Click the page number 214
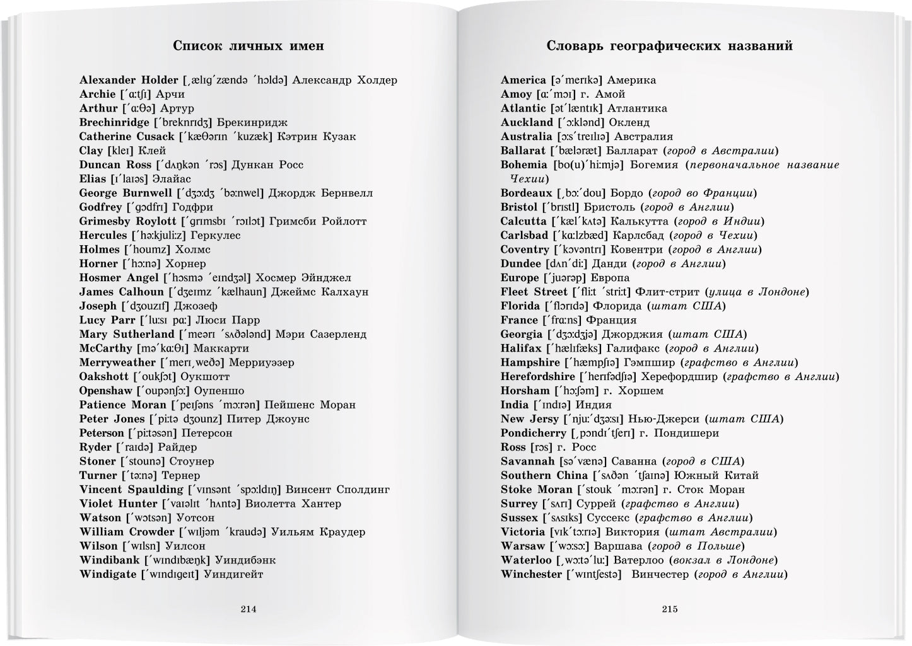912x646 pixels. click(x=248, y=609)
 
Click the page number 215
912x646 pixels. click(x=670, y=609)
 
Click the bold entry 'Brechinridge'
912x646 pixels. click(x=114, y=122)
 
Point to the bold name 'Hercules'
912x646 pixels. click(x=103, y=235)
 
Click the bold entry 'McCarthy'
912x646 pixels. click(x=106, y=348)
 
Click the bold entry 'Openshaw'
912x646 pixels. click(x=106, y=391)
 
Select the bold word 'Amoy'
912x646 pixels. click(x=516, y=94)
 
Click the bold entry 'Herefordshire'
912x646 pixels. click(x=538, y=376)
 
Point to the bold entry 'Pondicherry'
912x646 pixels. click(x=534, y=433)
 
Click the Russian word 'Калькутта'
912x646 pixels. click(x=641, y=221)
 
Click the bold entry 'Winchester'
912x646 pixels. click(x=531, y=574)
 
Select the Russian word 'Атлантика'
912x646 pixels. click(x=638, y=108)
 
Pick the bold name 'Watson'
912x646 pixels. click(x=100, y=517)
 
